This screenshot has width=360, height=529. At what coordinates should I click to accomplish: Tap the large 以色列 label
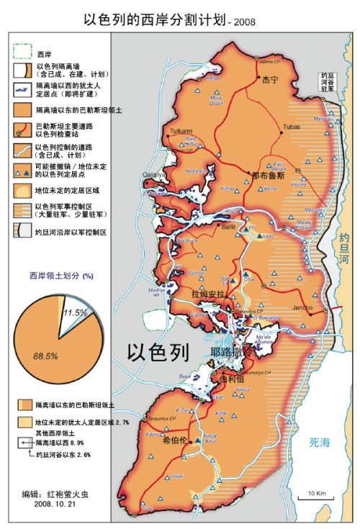coord(158,353)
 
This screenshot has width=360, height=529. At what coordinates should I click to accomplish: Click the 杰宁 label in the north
coord(269,80)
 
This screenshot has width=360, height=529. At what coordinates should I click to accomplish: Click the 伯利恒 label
coord(237,380)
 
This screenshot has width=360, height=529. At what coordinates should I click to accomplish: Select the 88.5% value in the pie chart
coord(43,355)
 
